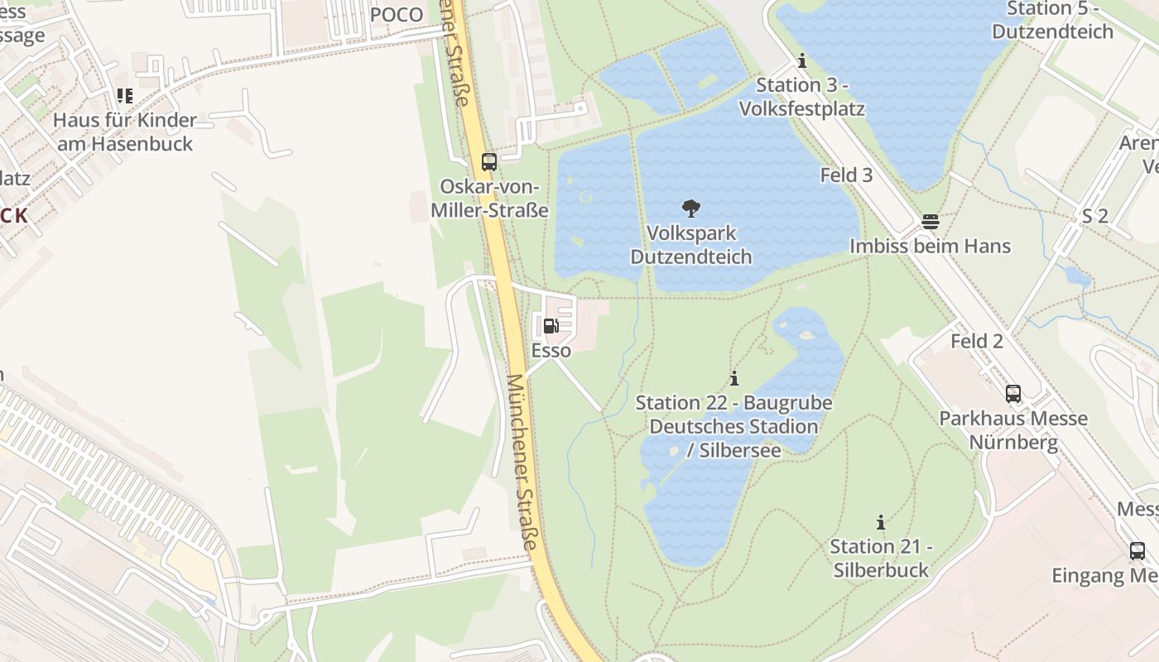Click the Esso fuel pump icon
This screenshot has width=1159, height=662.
coord(551,326)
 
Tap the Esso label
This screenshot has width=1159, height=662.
coord(551,351)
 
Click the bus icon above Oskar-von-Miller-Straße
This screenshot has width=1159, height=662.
coord(489,162)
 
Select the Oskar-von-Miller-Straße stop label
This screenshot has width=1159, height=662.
coord(489,199)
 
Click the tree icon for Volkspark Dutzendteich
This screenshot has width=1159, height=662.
coord(690,208)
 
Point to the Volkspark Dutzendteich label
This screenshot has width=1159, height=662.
coord(691,245)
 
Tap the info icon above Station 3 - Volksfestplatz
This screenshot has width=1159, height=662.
coord(801,61)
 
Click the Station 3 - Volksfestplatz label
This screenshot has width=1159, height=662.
coord(801,97)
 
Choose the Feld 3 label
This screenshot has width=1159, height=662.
coord(846,175)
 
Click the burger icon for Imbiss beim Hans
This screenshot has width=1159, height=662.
coord(931,222)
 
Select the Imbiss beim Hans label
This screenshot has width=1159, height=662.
coord(931,247)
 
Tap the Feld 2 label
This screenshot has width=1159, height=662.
coord(977,341)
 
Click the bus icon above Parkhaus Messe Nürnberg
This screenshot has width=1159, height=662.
coord(1013,394)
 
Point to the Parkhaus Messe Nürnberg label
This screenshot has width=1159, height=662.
coord(1013,430)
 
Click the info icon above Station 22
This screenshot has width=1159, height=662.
coord(733,379)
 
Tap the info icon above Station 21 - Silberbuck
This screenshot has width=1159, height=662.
coord(881,523)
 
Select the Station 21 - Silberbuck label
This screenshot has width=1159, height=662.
coord(881,559)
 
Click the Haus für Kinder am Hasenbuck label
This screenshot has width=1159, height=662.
coord(123,132)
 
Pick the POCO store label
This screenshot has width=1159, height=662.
coord(397,15)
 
